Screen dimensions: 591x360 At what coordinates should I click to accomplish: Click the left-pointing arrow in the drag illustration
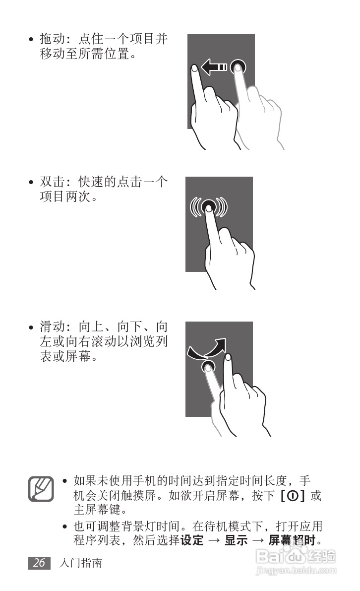click(213, 67)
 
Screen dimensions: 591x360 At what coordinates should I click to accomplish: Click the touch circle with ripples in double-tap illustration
click(209, 205)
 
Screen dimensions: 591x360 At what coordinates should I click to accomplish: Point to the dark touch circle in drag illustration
click(238, 66)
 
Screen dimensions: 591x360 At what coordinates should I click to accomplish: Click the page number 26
click(39, 563)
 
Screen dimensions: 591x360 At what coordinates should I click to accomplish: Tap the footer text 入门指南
click(80, 563)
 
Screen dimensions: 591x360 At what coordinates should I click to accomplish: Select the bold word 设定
click(192, 540)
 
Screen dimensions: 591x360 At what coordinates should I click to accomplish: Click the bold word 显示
click(236, 540)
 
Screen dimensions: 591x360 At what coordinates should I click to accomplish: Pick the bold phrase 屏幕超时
click(293, 540)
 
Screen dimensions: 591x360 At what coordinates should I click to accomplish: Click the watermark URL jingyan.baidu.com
click(298, 572)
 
